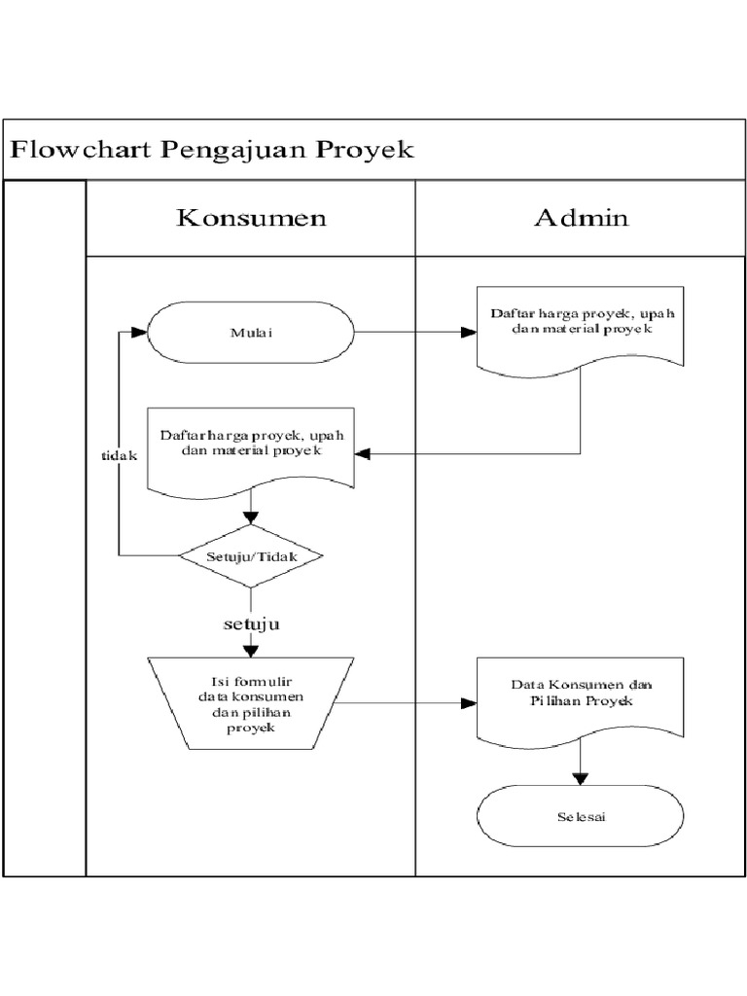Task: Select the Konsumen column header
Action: tap(251, 218)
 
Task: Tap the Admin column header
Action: tap(581, 218)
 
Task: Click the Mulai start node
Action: tap(250, 333)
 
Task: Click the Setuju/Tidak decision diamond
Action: tap(251, 556)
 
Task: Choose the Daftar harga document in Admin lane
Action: tap(581, 326)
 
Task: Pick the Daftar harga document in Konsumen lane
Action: tap(251, 445)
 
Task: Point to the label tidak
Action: tap(120, 455)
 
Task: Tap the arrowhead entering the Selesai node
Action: tap(581, 777)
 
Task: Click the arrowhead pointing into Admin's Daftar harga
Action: tap(469, 333)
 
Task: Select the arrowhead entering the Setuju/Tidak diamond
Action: tap(251, 519)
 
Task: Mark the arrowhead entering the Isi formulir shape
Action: tap(251, 649)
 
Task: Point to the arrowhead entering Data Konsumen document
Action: tap(469, 702)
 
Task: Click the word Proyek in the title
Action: tap(367, 150)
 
